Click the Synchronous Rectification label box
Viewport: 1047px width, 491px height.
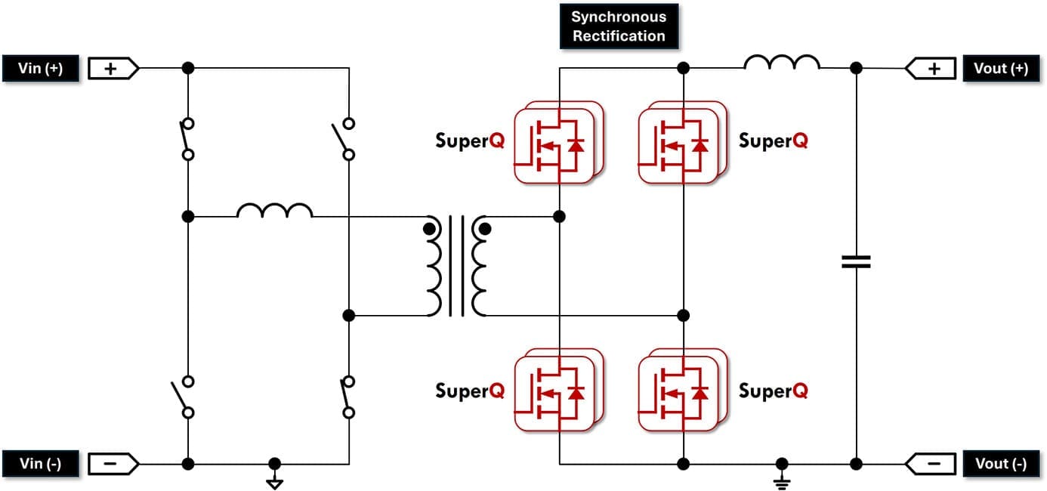619,26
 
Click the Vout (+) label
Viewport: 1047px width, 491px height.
1000,69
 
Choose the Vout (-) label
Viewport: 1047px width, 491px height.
1000,464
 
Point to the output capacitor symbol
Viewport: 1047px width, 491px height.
856,261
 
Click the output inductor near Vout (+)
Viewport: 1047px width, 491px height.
782,63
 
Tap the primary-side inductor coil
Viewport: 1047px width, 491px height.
274,212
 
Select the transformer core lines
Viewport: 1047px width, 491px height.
456,266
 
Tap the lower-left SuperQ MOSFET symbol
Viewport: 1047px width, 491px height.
557,391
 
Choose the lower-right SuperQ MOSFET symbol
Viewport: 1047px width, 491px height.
681,391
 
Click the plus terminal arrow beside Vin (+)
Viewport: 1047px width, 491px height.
113,69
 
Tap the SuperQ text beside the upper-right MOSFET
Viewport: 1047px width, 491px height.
773,141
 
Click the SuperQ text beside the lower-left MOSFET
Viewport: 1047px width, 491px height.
470,391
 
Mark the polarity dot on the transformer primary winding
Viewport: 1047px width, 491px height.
430,227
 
